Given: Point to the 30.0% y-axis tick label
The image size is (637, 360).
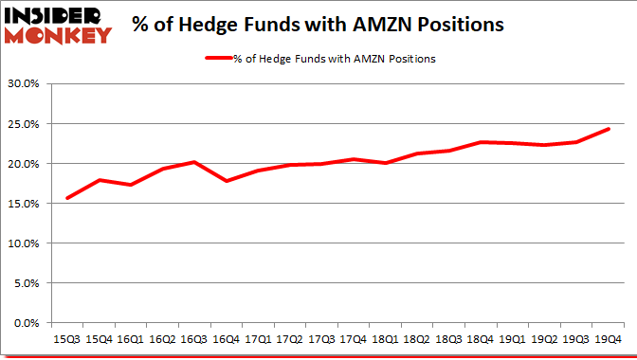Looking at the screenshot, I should (24, 83).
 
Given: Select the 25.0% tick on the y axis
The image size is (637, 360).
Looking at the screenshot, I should (24, 123).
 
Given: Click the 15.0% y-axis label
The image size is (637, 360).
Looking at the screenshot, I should (24, 204).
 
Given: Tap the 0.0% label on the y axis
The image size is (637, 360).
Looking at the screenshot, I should (27, 323).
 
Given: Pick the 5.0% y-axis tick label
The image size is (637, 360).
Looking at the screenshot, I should (27, 283).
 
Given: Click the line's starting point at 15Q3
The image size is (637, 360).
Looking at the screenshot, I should (67, 198).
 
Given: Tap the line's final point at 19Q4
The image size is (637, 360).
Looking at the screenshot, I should (609, 129).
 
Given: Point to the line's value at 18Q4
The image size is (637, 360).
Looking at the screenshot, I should (482, 142).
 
